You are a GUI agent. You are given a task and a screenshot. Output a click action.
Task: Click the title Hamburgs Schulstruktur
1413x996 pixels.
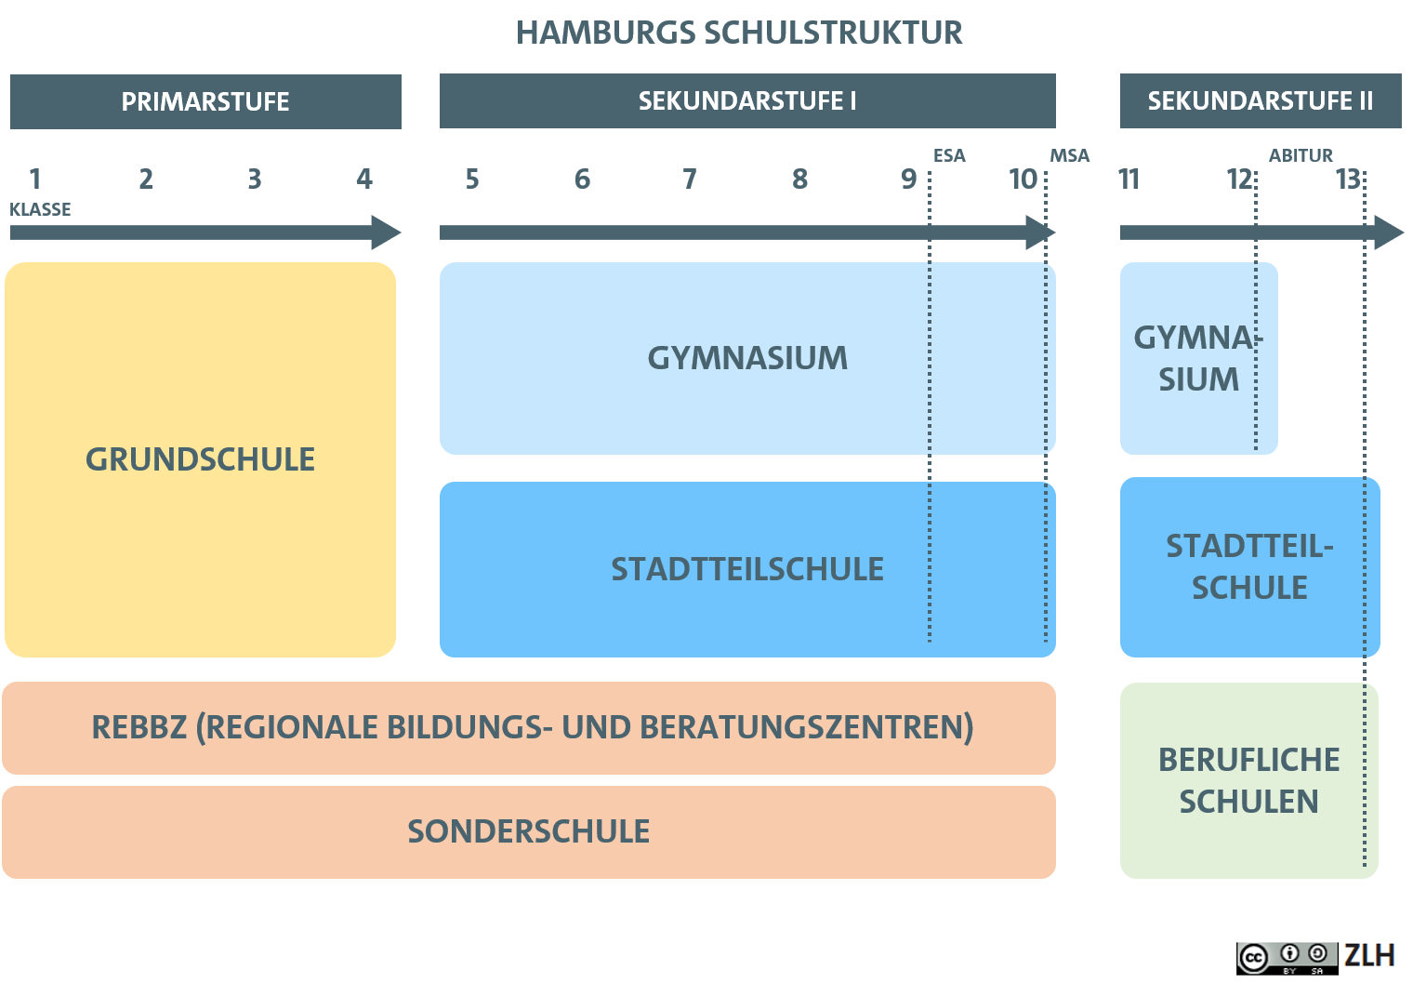click(x=739, y=33)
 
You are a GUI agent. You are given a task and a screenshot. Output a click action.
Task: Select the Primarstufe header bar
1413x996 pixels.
click(x=205, y=101)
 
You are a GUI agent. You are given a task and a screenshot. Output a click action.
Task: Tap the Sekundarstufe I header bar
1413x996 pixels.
click(x=747, y=101)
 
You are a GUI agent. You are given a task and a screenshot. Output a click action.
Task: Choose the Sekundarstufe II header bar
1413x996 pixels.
click(x=1261, y=101)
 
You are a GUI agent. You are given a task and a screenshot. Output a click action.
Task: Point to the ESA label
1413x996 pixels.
click(x=949, y=155)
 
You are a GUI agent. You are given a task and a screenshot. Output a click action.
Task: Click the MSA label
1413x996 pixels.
click(x=1070, y=155)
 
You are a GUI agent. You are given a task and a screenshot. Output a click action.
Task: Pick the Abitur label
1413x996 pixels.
click(x=1301, y=155)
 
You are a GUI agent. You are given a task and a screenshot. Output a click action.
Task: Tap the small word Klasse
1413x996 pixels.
click(x=40, y=209)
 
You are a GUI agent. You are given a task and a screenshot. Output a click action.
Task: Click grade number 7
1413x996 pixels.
click(x=690, y=179)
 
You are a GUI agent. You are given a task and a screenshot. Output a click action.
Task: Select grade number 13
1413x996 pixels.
click(x=1348, y=179)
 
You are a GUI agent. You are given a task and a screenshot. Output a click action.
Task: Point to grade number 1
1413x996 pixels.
click(x=35, y=179)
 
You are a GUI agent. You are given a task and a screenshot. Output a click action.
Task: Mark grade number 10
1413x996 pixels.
click(x=1023, y=179)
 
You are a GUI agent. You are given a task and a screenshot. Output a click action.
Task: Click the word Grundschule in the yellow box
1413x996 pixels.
click(x=200, y=459)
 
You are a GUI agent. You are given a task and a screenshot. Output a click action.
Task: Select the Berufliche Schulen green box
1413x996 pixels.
click(x=1249, y=781)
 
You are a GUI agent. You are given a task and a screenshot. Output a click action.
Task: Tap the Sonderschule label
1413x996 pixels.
click(x=529, y=831)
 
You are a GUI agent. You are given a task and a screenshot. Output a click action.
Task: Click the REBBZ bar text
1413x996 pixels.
click(x=533, y=728)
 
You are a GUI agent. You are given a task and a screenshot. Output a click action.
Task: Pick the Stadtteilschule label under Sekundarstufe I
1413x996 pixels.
click(x=747, y=569)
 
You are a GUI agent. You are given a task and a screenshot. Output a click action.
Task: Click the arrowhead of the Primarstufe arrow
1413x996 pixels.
click(x=386, y=232)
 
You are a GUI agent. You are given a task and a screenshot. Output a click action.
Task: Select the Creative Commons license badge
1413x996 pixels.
click(x=1287, y=959)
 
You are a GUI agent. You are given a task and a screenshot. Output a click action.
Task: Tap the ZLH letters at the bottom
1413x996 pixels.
click(x=1369, y=956)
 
